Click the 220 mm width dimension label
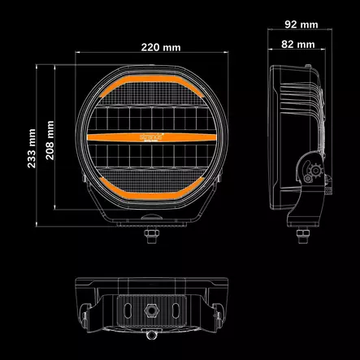(159, 46)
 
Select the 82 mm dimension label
(296, 46)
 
